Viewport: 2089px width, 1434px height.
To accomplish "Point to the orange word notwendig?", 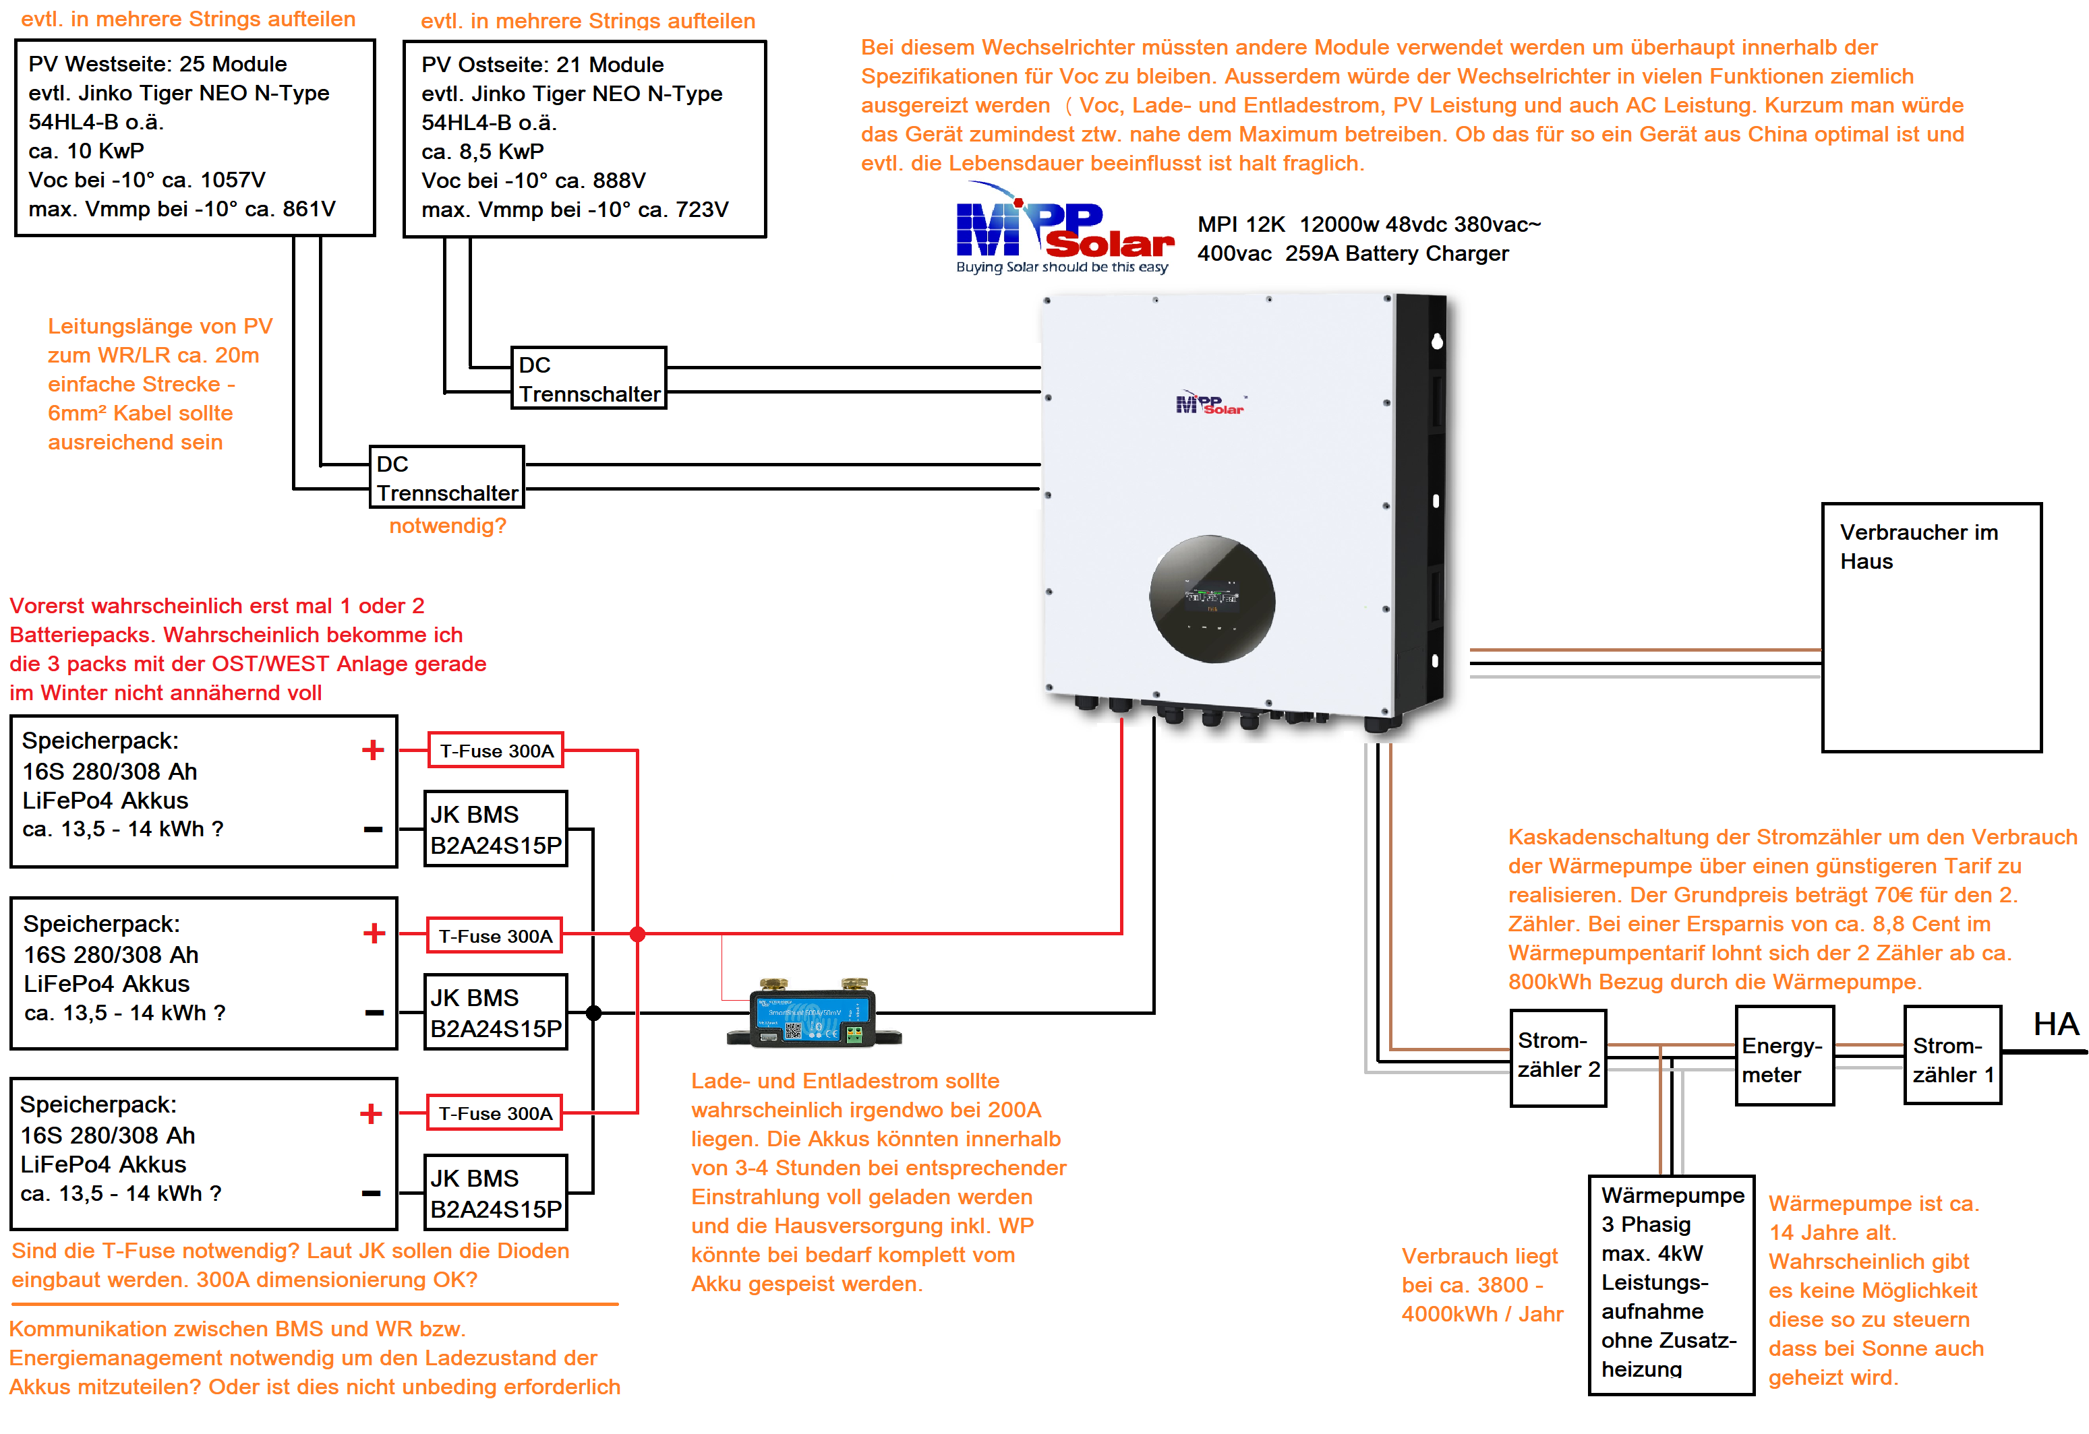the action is click(x=448, y=526).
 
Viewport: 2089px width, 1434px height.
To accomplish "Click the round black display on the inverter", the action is click(x=1212, y=599).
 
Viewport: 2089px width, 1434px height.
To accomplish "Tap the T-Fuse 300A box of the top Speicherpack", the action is click(x=496, y=750).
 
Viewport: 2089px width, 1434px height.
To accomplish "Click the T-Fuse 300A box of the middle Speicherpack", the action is click(x=496, y=935).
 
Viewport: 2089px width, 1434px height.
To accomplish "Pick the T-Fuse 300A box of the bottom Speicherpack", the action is click(x=496, y=1113).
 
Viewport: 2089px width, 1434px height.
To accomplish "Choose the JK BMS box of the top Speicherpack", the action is click(x=496, y=830).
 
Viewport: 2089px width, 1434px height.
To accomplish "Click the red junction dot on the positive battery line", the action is click(x=637, y=935).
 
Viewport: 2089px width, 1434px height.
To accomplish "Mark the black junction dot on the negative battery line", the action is click(x=593, y=1014).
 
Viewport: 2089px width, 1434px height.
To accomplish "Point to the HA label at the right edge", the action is click(x=2056, y=1024).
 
